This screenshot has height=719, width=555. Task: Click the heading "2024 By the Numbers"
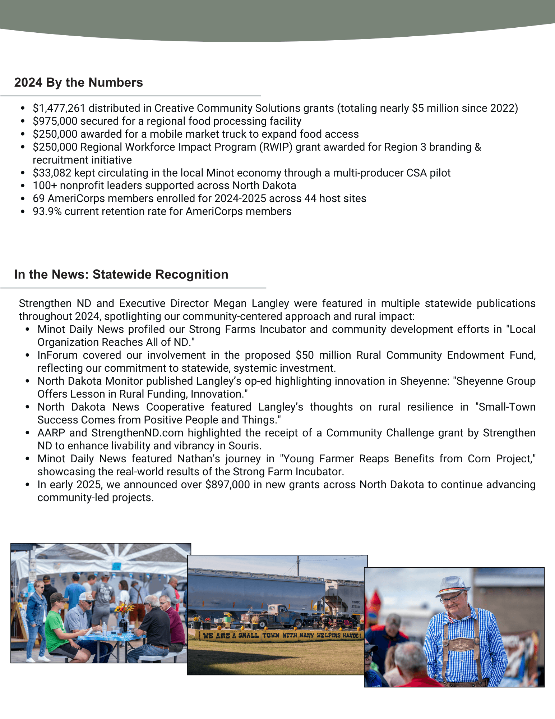click(78, 82)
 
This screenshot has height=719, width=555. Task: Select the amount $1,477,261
click(59, 108)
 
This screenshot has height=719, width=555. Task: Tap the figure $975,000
click(55, 121)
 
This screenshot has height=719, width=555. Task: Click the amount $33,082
click(52, 173)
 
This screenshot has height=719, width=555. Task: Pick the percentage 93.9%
click(47, 211)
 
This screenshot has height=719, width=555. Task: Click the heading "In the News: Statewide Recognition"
click(121, 274)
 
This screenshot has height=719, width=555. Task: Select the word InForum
click(57, 355)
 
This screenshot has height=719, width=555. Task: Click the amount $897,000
click(227, 485)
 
